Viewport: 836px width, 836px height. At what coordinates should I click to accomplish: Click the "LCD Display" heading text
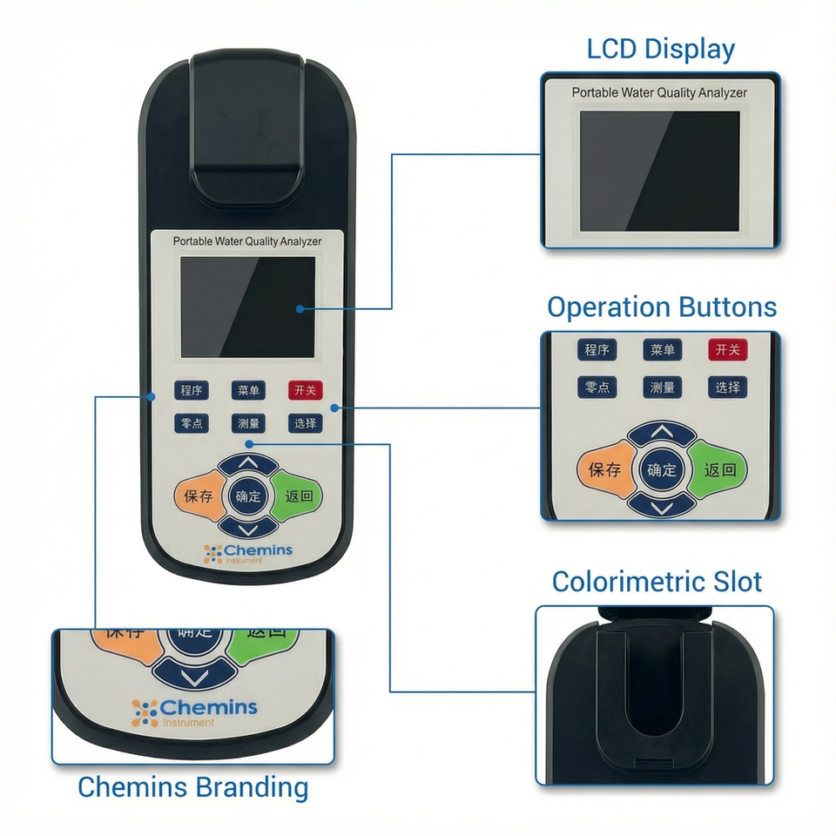point(660,49)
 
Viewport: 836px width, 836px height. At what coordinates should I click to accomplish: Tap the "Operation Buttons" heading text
point(661,307)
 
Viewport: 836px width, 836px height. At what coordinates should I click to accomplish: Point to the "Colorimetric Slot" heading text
point(657,582)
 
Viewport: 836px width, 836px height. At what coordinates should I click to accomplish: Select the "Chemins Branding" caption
point(192,787)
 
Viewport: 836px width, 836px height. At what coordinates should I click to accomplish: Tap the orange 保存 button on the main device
point(199,496)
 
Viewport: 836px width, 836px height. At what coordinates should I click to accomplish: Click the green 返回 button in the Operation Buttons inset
point(720,470)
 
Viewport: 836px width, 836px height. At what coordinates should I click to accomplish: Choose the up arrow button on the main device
point(248,464)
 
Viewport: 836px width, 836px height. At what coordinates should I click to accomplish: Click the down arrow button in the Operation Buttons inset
point(662,505)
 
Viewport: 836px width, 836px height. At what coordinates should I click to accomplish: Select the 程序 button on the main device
point(191,391)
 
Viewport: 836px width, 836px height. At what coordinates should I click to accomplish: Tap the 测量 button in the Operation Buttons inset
point(662,388)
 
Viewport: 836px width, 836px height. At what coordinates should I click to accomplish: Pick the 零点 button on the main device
point(191,424)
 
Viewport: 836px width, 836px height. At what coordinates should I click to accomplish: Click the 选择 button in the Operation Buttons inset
point(727,388)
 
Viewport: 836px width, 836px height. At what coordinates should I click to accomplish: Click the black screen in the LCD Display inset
point(659,171)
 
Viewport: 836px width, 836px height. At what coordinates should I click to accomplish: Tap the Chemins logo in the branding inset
point(195,710)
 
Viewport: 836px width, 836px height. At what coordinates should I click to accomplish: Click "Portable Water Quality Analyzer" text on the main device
point(247,241)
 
